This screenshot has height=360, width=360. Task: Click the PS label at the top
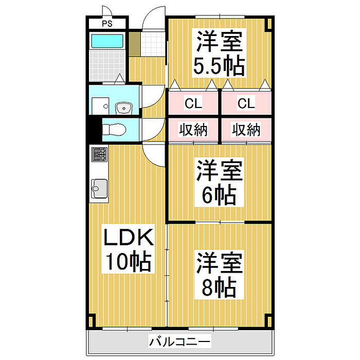(106, 24)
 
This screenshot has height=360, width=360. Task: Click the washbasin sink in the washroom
(123, 107)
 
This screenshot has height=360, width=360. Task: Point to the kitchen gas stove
(99, 154)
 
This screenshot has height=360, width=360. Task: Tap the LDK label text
(129, 239)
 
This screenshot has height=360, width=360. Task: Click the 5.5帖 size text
(219, 65)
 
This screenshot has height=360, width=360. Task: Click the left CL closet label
(193, 104)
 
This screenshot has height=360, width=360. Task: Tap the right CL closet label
(246, 104)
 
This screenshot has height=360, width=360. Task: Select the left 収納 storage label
(193, 130)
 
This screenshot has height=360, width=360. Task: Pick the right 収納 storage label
(246, 130)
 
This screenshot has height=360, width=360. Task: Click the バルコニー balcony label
(180, 341)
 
